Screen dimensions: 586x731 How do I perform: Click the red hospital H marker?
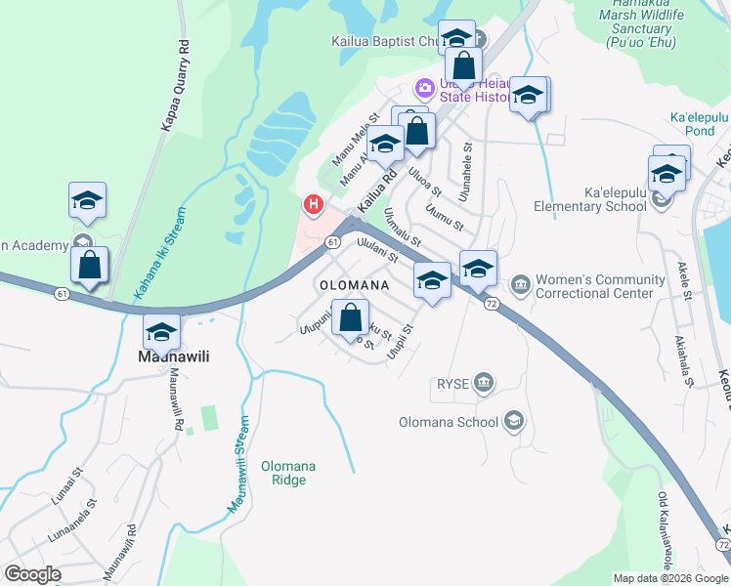314,205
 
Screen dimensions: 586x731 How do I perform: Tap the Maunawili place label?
170,357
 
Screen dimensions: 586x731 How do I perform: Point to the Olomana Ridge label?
288,473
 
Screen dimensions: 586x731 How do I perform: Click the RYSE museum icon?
484,384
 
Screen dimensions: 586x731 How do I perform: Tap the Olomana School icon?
514,422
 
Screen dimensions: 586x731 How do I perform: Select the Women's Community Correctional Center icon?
520,285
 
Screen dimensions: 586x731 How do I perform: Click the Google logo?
32,573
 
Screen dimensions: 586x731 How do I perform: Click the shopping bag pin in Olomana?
350,318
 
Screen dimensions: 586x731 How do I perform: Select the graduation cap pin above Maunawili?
162,332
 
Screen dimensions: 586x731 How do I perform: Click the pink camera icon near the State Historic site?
424,88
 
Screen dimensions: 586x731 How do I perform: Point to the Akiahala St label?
682,362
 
